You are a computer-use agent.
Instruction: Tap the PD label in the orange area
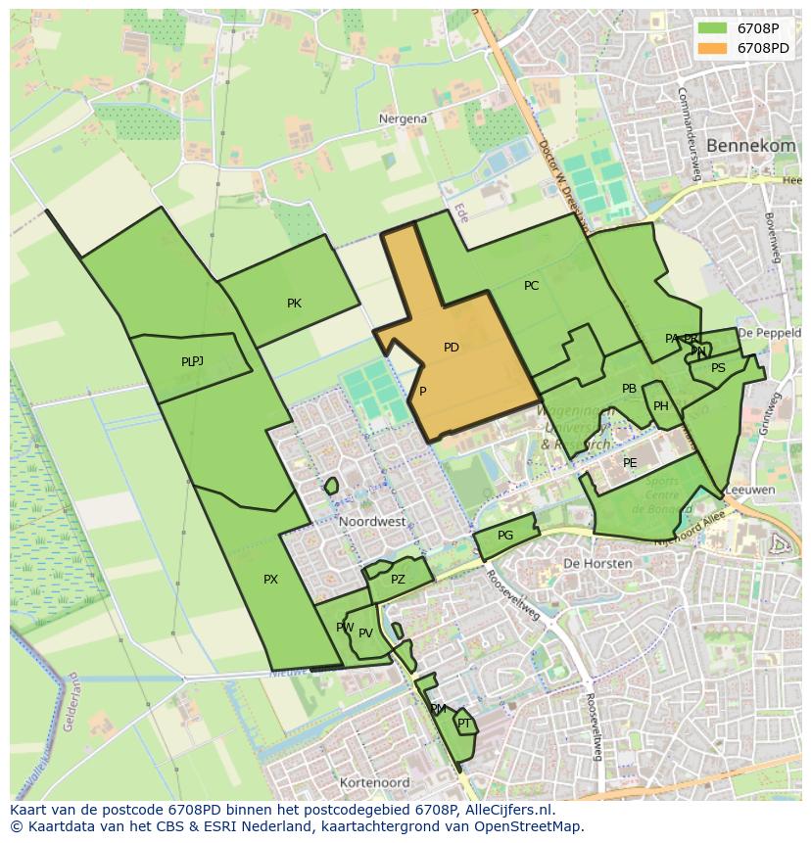451,348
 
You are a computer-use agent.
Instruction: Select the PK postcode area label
294,304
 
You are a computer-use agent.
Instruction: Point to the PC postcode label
531,286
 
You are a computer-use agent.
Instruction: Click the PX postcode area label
270,580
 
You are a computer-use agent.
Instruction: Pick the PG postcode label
505,536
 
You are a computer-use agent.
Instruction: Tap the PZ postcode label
398,580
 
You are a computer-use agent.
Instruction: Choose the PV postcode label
365,633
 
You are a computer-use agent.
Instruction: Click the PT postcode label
464,724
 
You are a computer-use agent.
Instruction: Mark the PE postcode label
630,463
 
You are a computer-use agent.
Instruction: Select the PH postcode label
661,406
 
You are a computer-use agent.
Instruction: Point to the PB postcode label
629,389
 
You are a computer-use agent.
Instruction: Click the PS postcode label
718,368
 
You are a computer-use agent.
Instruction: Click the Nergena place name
403,118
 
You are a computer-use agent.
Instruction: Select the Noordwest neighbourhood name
372,522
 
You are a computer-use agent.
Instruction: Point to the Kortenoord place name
374,783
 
